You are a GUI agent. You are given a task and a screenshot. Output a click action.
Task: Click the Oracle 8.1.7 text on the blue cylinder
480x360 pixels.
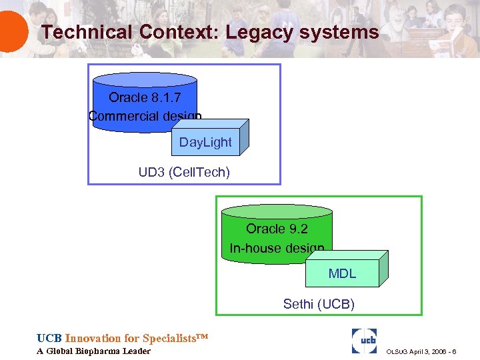click(145, 98)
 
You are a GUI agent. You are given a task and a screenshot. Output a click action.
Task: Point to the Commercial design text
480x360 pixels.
click(145, 116)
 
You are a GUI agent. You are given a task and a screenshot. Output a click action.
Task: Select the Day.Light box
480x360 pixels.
click(205, 143)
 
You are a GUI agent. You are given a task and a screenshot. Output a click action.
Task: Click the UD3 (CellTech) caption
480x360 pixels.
click(184, 173)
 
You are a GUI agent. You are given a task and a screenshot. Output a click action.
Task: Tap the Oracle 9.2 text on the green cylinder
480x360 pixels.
click(277, 229)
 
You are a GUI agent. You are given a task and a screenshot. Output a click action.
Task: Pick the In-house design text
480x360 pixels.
click(277, 248)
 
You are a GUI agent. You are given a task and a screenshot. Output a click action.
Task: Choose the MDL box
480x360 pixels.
click(342, 274)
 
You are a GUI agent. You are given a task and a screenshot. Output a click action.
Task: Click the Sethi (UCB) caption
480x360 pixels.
click(319, 305)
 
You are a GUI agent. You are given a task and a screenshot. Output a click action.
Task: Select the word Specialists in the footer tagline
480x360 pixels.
click(171, 339)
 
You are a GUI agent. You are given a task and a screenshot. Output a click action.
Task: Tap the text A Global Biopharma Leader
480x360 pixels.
click(93, 351)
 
